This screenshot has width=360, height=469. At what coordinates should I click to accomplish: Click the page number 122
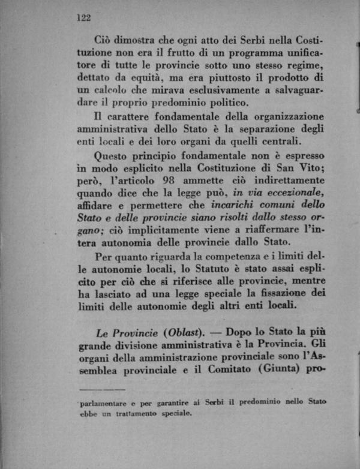pos(83,17)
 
